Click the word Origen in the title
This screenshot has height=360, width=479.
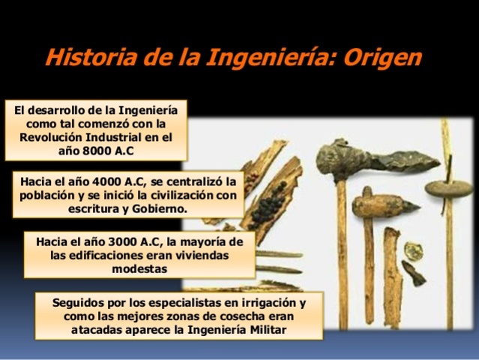coord(387,57)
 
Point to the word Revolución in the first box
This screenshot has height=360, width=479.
coord(52,136)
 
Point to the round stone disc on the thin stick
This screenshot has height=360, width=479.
coord(449,187)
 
